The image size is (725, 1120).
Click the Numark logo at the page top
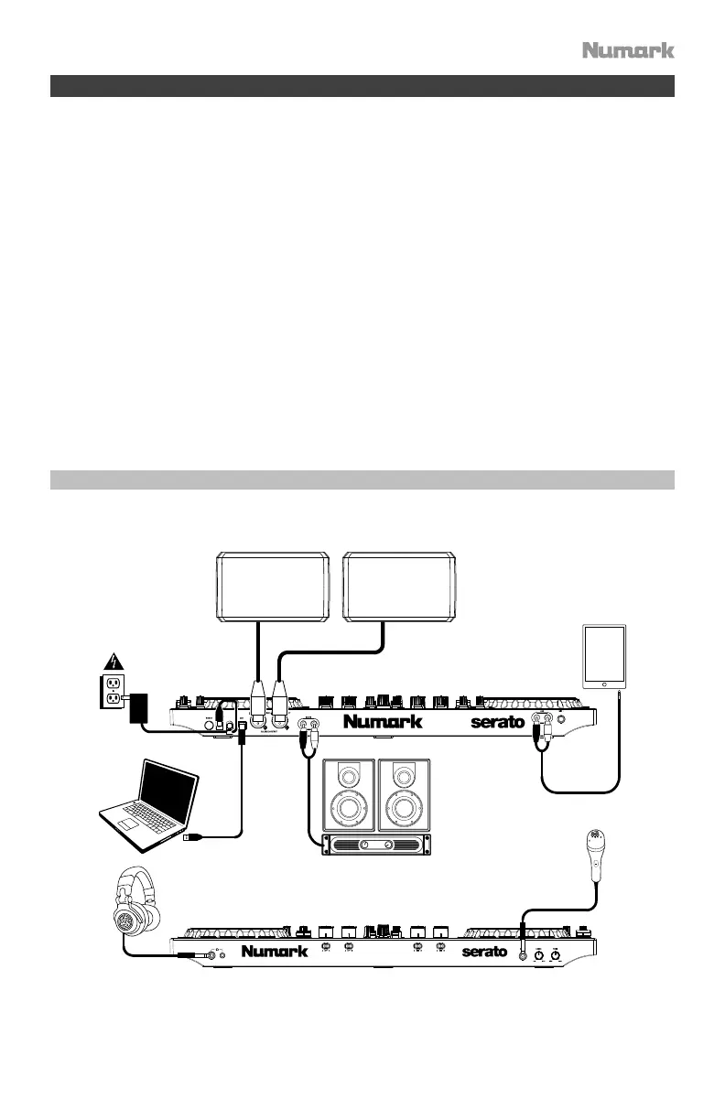628,49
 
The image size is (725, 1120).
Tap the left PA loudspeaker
272,586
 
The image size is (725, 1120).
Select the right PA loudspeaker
399,586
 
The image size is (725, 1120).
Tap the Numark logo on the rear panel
383,722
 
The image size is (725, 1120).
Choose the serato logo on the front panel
484,953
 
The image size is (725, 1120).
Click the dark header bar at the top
362,87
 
